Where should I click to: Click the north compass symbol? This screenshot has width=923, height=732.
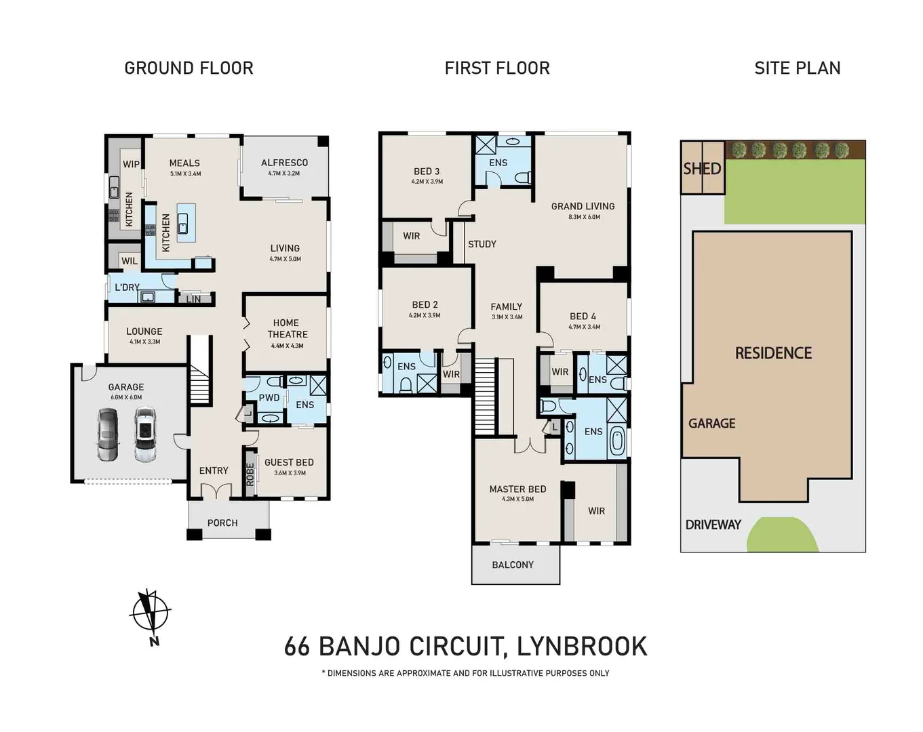coord(150,613)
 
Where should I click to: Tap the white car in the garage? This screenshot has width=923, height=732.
coord(145,435)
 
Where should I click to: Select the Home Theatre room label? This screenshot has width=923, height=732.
coord(287,329)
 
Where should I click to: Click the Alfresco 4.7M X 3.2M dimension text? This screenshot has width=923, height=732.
coord(284,174)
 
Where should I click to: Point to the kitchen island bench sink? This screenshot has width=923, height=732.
coord(182,224)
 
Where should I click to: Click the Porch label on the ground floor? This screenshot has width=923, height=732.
coord(222,523)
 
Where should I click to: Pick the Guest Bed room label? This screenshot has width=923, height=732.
coord(289,462)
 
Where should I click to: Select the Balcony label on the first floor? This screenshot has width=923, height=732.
coord(513,565)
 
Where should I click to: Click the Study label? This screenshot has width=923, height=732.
coord(482,244)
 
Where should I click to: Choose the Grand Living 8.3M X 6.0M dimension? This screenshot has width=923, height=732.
coord(584,217)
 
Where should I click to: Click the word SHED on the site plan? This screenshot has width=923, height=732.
coord(702,169)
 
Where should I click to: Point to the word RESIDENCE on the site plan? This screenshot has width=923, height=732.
coord(773,353)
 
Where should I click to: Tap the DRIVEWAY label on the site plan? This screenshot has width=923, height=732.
coord(713,525)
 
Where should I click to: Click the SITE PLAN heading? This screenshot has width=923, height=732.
coord(798,68)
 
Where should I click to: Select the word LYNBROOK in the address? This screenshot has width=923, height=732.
coord(582,646)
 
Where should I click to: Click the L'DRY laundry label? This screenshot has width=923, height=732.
coord(127,287)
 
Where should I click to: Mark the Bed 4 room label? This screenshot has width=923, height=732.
coord(583,317)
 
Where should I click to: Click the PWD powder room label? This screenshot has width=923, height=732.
coord(269,398)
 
